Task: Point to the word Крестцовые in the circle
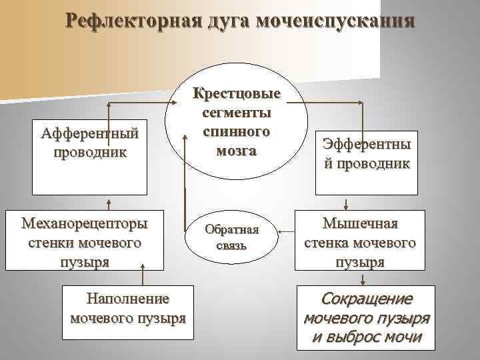coord(237,94)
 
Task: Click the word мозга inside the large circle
coord(237,150)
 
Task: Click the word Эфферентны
coord(367,145)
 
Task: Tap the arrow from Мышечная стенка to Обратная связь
coord(287,232)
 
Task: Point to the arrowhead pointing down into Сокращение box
coord(361,281)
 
